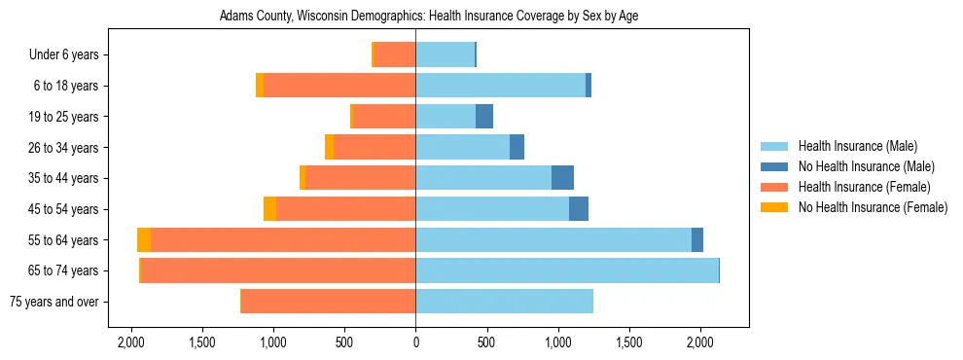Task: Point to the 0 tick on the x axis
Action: [415, 342]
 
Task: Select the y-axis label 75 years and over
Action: [53, 302]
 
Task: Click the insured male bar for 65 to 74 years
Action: [566, 270]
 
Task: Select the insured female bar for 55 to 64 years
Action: [624, 239]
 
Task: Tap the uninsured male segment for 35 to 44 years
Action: [562, 178]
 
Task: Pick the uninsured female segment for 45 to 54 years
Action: [269, 209]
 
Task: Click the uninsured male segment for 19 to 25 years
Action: [484, 117]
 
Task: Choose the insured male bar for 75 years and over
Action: [504, 302]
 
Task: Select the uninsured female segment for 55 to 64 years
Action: [144, 239]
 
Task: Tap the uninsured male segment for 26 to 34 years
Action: [517, 147]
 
